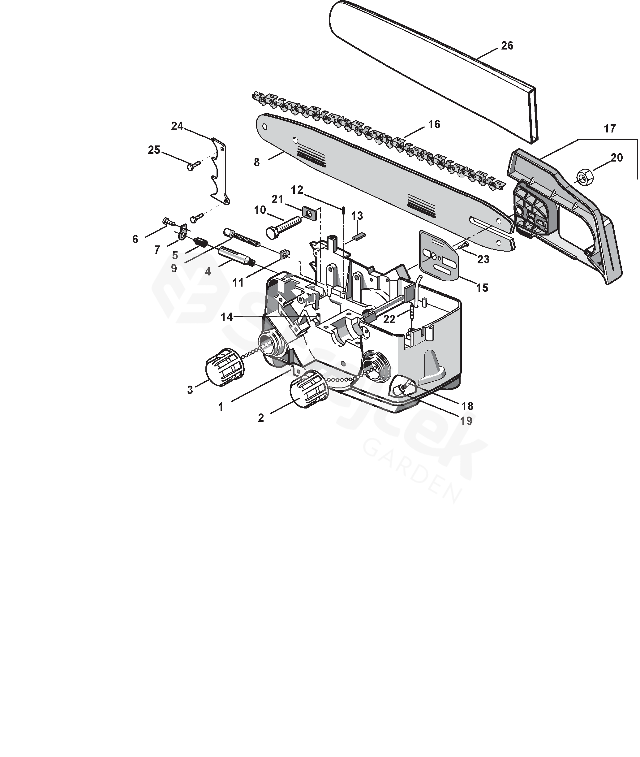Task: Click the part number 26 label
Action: pyautogui.click(x=507, y=46)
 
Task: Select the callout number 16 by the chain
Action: pyautogui.click(x=434, y=124)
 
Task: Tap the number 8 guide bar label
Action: pyautogui.click(x=257, y=162)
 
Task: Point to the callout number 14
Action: pyautogui.click(x=227, y=317)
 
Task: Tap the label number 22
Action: pyautogui.click(x=389, y=319)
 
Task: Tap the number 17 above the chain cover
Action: pyautogui.click(x=610, y=128)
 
